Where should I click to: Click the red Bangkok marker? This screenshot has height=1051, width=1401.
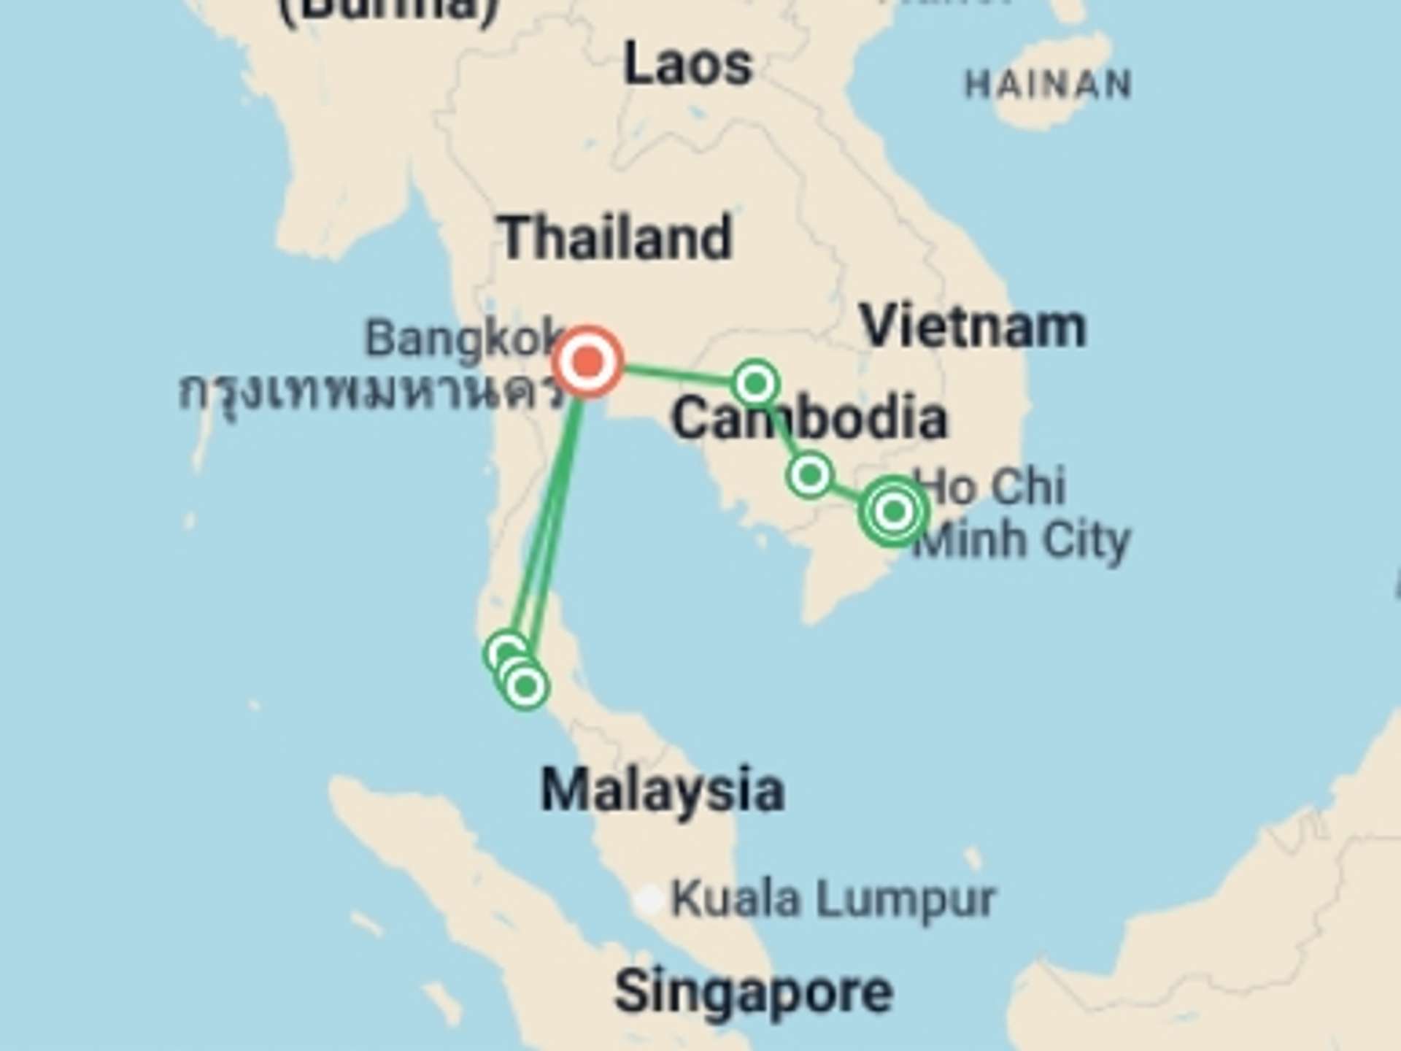588,361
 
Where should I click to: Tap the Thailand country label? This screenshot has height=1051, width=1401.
615,238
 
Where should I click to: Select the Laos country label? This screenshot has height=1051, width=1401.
687,65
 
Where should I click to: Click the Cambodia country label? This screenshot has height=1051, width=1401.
809,418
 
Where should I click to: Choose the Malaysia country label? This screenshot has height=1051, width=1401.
663,790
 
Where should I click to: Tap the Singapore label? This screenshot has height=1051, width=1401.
753,992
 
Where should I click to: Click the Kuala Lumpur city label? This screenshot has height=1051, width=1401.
833,898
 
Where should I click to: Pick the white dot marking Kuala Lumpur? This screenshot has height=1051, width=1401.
648,900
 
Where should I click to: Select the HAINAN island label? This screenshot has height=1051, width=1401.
1048,85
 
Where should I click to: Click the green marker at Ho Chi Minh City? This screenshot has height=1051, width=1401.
894,512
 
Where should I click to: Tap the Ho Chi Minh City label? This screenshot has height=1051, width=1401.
1022,513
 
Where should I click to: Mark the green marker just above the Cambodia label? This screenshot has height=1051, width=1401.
756,382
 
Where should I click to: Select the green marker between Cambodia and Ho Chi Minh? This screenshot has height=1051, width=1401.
809,475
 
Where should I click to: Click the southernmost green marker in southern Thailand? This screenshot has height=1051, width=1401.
526,686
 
